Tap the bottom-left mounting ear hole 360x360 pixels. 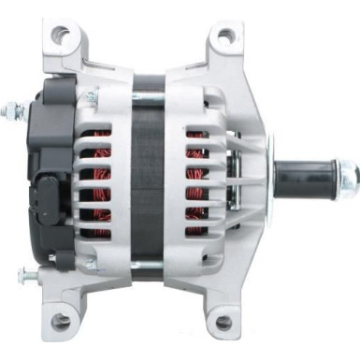[x=63, y=322]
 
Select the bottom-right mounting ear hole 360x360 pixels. [x=225, y=323]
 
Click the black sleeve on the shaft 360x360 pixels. [x=305, y=173]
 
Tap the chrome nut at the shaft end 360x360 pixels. [x=348, y=173]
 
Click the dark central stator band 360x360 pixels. [x=150, y=178]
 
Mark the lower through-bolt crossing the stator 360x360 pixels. [x=150, y=265]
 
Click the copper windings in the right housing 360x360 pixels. [x=196, y=187]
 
